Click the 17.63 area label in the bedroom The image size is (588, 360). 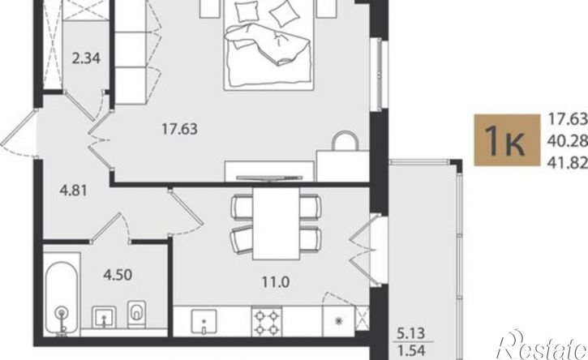[x=179, y=130]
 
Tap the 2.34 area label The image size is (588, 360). [x=86, y=59]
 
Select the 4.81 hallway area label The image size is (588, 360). [x=74, y=191]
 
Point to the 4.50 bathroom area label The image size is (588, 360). [x=118, y=275]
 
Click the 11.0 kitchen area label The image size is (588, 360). [x=276, y=282]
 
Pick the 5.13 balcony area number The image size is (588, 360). [x=411, y=333]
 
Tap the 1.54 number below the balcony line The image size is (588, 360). [x=411, y=351]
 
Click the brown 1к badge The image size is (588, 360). [x=507, y=140]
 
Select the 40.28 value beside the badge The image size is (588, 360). [x=568, y=141]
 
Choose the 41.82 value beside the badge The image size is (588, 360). [x=568, y=163]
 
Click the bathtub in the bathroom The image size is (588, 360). [x=62, y=297]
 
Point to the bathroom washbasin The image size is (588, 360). [x=105, y=317]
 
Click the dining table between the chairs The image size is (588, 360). [x=276, y=224]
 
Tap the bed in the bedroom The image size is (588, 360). [x=268, y=45]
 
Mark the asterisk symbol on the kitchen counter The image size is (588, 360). [x=339, y=320]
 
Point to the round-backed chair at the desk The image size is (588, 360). [x=344, y=140]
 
